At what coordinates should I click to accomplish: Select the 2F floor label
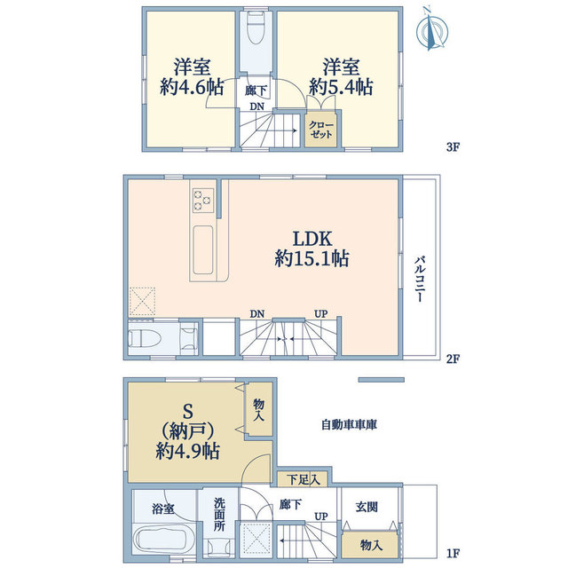[x=453, y=359]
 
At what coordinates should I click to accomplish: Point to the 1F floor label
[x=453, y=555]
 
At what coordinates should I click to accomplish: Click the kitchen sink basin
[x=203, y=248]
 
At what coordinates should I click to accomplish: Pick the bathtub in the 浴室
[x=161, y=540]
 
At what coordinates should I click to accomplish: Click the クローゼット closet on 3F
[x=320, y=129]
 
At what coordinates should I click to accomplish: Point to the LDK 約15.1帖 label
[x=311, y=248]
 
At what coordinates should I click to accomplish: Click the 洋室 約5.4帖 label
[x=340, y=77]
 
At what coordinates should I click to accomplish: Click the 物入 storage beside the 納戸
[x=258, y=409]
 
